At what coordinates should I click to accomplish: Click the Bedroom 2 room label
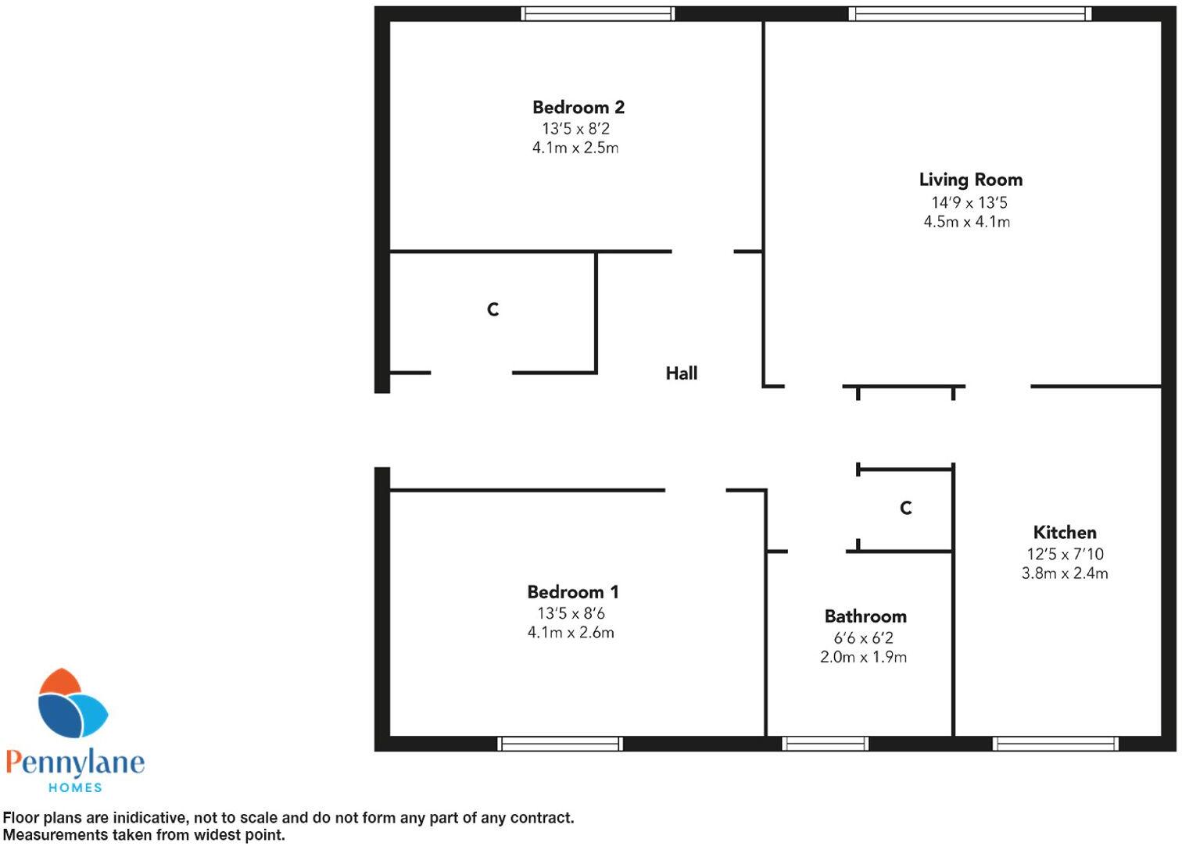578,107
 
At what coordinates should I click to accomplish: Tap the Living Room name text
970,180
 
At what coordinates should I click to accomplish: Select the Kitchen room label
1064,533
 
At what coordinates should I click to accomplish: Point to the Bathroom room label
865,616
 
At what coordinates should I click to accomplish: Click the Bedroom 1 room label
572,592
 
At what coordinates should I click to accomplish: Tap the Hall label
681,373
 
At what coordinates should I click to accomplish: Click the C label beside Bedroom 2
492,310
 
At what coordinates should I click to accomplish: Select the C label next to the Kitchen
905,509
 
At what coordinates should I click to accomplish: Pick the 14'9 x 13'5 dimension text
969,203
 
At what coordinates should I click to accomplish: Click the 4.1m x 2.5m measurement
575,148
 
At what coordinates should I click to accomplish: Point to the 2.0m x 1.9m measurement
863,657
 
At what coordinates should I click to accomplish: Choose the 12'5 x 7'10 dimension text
1065,555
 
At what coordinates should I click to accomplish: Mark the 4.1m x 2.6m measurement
571,633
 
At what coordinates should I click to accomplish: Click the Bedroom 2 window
598,13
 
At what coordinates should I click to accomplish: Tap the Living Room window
969,13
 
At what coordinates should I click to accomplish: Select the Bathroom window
826,744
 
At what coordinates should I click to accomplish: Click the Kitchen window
1055,744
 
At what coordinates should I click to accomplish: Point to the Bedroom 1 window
560,744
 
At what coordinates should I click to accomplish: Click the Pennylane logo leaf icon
72,704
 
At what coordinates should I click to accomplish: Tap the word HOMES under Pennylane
75,787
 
